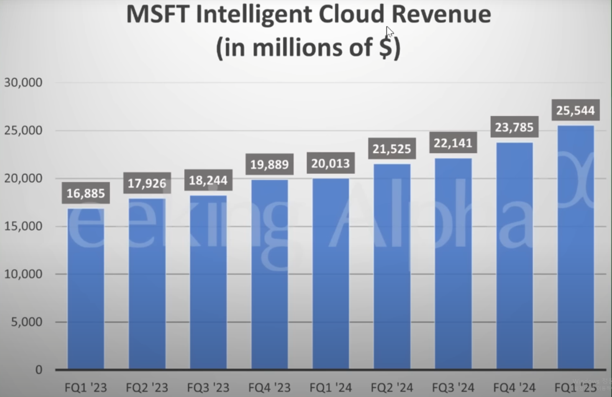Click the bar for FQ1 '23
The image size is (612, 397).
click(86, 288)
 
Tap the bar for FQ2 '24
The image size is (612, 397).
click(392, 266)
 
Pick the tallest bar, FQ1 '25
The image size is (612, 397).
click(576, 247)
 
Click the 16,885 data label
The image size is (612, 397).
click(86, 193)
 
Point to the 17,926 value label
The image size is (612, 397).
click(147, 183)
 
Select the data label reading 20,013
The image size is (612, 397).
click(331, 163)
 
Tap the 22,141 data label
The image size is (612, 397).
click(453, 143)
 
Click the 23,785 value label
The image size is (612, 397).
click(514, 127)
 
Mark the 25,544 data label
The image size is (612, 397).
click(575, 110)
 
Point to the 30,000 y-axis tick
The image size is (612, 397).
click(23, 83)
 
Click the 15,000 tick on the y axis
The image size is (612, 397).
click(23, 226)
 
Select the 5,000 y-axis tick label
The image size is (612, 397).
click(27, 322)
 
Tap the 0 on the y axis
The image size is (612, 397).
click(38, 370)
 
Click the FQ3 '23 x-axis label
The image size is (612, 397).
click(208, 388)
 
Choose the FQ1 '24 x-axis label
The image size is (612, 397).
click(331, 388)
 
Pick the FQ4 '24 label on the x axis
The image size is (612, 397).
click(514, 388)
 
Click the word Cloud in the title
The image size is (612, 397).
click(351, 14)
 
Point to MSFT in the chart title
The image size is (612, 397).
click(157, 14)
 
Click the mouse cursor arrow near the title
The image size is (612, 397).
click(389, 32)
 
